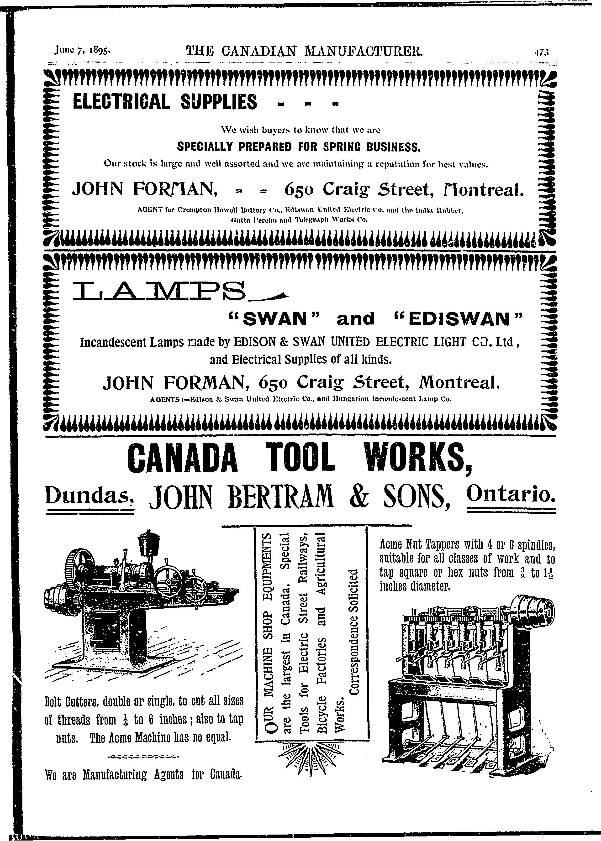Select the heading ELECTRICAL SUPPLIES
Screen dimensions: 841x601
165,102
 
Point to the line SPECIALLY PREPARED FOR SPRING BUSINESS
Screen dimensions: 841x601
299,147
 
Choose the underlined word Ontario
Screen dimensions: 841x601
511,493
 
